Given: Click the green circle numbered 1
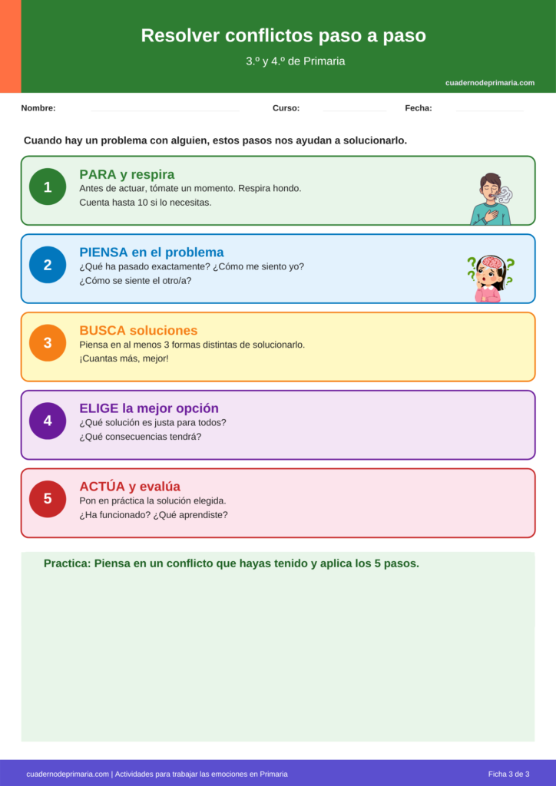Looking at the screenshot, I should tap(48, 187).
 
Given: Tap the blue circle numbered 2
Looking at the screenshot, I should tap(48, 265).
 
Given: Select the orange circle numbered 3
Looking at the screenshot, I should tap(48, 343).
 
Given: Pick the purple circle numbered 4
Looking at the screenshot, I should tap(48, 421).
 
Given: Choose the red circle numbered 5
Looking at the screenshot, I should tap(48, 499).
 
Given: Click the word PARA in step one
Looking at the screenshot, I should tap(98, 174).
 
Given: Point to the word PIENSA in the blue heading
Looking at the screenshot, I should tap(104, 253).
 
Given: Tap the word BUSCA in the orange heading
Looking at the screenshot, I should tap(102, 331).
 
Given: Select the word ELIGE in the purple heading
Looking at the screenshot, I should tap(99, 408).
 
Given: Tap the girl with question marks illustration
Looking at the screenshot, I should tap(490, 278).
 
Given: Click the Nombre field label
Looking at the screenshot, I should tap(38, 108).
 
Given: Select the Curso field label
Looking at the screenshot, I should tap(286, 108).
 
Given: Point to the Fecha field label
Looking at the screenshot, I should tap(419, 108).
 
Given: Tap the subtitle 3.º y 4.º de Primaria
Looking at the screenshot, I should tap(296, 61).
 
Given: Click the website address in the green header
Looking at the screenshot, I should tap(490, 83).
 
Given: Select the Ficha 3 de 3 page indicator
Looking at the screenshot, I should tap(508, 774).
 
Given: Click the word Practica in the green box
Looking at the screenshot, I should tap(67, 563).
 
